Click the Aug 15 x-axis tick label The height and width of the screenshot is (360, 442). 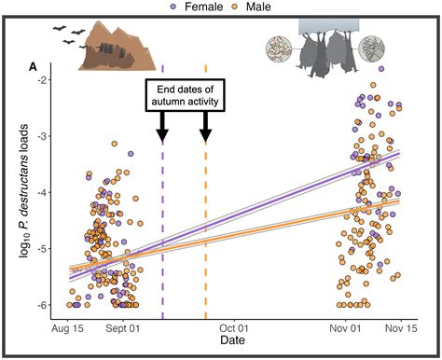coord(68,328)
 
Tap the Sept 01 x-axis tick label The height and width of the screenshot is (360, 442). coord(123,328)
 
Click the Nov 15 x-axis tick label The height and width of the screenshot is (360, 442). coord(398,328)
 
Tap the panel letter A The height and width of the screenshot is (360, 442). coord(34,66)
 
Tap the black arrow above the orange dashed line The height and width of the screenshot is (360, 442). coord(205,128)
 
